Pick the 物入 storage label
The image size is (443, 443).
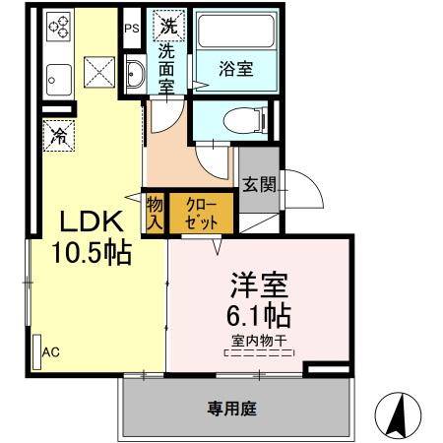tap(155, 214)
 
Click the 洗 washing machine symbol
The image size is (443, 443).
tap(167, 23)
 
